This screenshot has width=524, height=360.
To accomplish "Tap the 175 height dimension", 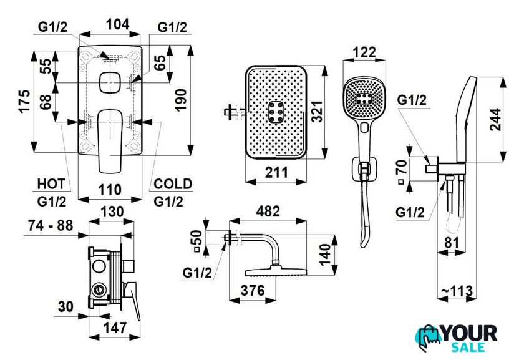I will [x=24, y=100].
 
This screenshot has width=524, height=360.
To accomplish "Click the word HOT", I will [x=51, y=184].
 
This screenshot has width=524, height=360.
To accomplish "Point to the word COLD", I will [x=173, y=184].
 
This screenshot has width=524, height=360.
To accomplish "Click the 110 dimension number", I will [x=111, y=188].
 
